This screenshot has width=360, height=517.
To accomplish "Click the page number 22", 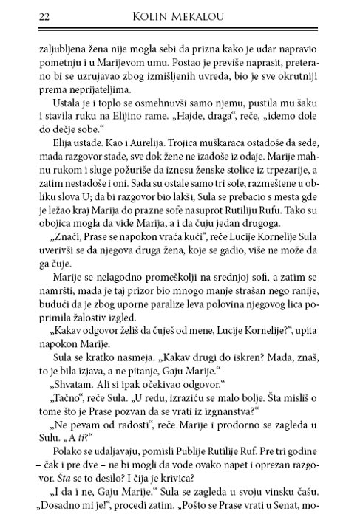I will tap(24, 16).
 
